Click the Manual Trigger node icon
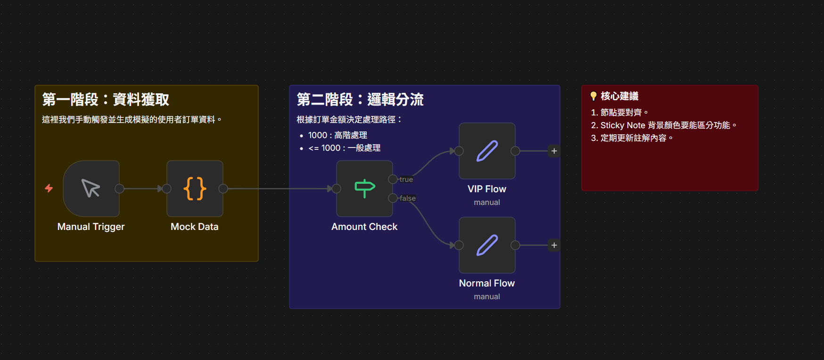point(91,188)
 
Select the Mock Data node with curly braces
point(195,188)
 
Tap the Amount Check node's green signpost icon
point(364,188)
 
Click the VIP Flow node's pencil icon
point(487,151)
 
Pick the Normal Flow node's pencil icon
point(487,245)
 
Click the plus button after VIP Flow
point(554,151)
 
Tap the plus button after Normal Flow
point(554,245)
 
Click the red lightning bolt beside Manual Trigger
point(49,188)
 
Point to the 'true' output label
point(406,180)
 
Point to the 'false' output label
point(408,198)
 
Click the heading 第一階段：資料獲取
point(106,99)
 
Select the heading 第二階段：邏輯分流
point(360,99)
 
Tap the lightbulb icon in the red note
point(593,96)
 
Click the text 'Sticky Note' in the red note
point(623,125)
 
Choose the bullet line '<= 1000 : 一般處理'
point(344,148)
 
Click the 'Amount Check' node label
point(364,227)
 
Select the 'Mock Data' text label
point(195,227)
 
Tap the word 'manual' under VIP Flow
point(487,202)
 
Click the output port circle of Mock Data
point(223,188)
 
